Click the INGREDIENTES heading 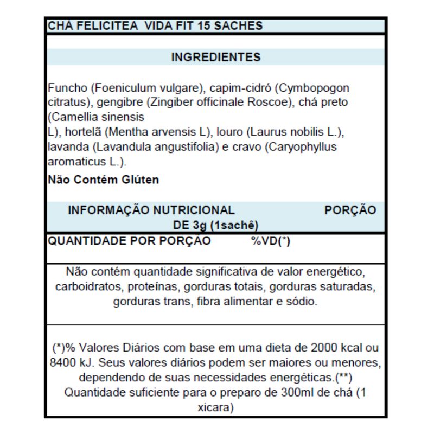click(216, 57)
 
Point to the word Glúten click(140, 180)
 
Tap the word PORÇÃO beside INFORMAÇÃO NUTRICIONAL click(350, 210)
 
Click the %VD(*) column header click(270, 241)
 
